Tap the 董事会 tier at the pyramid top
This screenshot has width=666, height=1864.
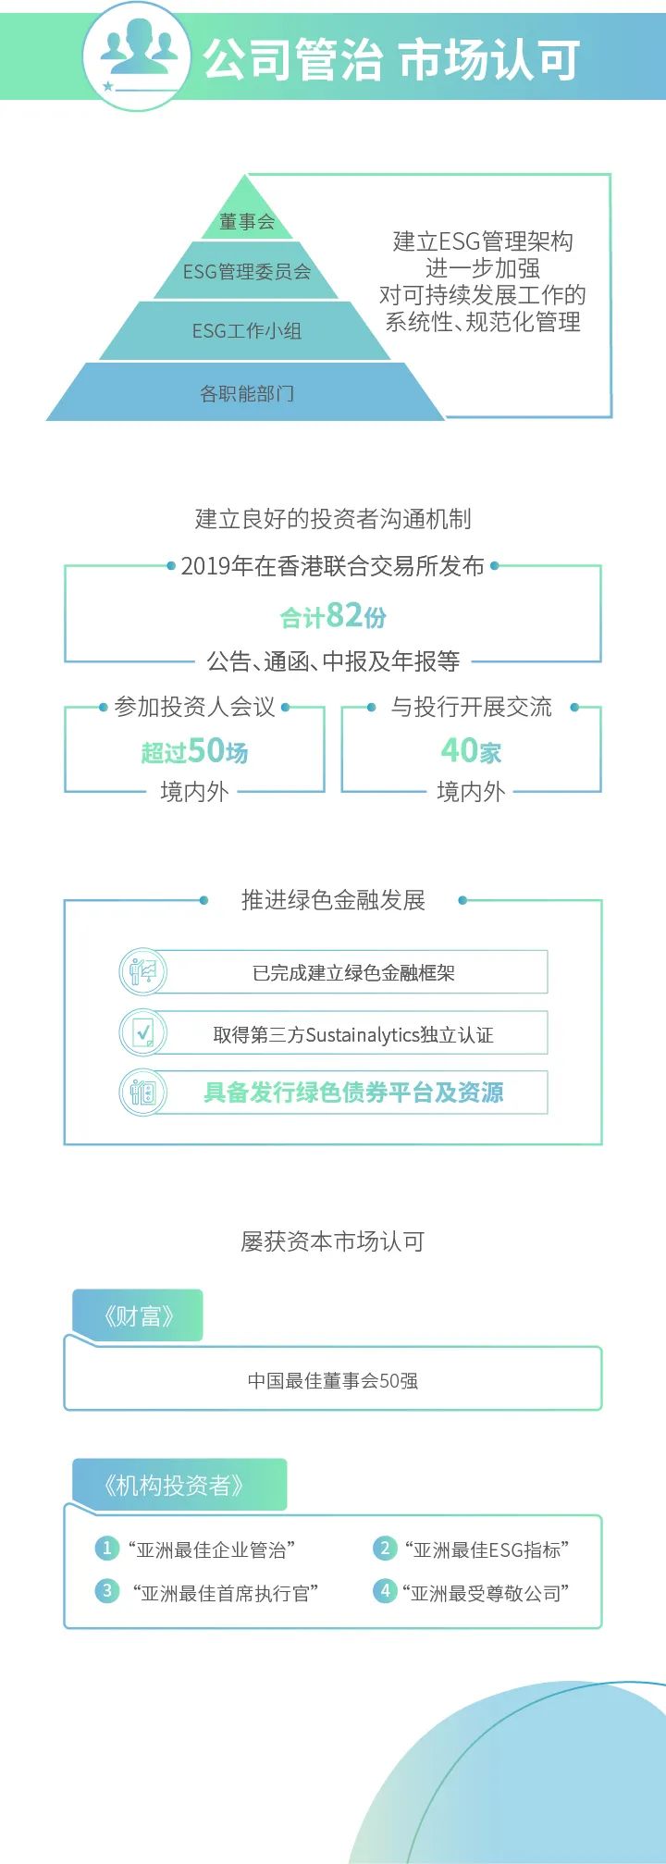point(247,221)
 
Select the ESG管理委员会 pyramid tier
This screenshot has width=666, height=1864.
point(247,272)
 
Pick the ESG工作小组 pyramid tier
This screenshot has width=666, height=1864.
point(247,331)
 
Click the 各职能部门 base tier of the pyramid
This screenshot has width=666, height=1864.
point(247,393)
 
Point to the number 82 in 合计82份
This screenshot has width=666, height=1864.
point(344,614)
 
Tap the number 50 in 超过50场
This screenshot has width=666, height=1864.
point(206,750)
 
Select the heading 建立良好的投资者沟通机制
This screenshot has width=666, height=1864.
point(333,519)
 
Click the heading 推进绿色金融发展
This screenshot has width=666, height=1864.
point(333,900)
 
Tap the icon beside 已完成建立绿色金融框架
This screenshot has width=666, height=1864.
point(142,972)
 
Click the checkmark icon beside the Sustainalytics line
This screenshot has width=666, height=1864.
point(142,1032)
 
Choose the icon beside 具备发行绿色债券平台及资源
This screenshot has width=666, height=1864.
point(142,1092)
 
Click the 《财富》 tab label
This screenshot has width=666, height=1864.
point(139,1315)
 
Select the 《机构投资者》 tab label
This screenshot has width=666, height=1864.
point(174,1486)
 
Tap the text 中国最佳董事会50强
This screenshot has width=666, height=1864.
point(333,1380)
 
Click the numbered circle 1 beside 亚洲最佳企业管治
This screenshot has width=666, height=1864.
point(106,1549)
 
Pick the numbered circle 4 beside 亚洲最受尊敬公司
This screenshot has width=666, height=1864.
point(385,1591)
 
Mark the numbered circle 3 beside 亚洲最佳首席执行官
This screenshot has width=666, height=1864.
point(106,1591)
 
